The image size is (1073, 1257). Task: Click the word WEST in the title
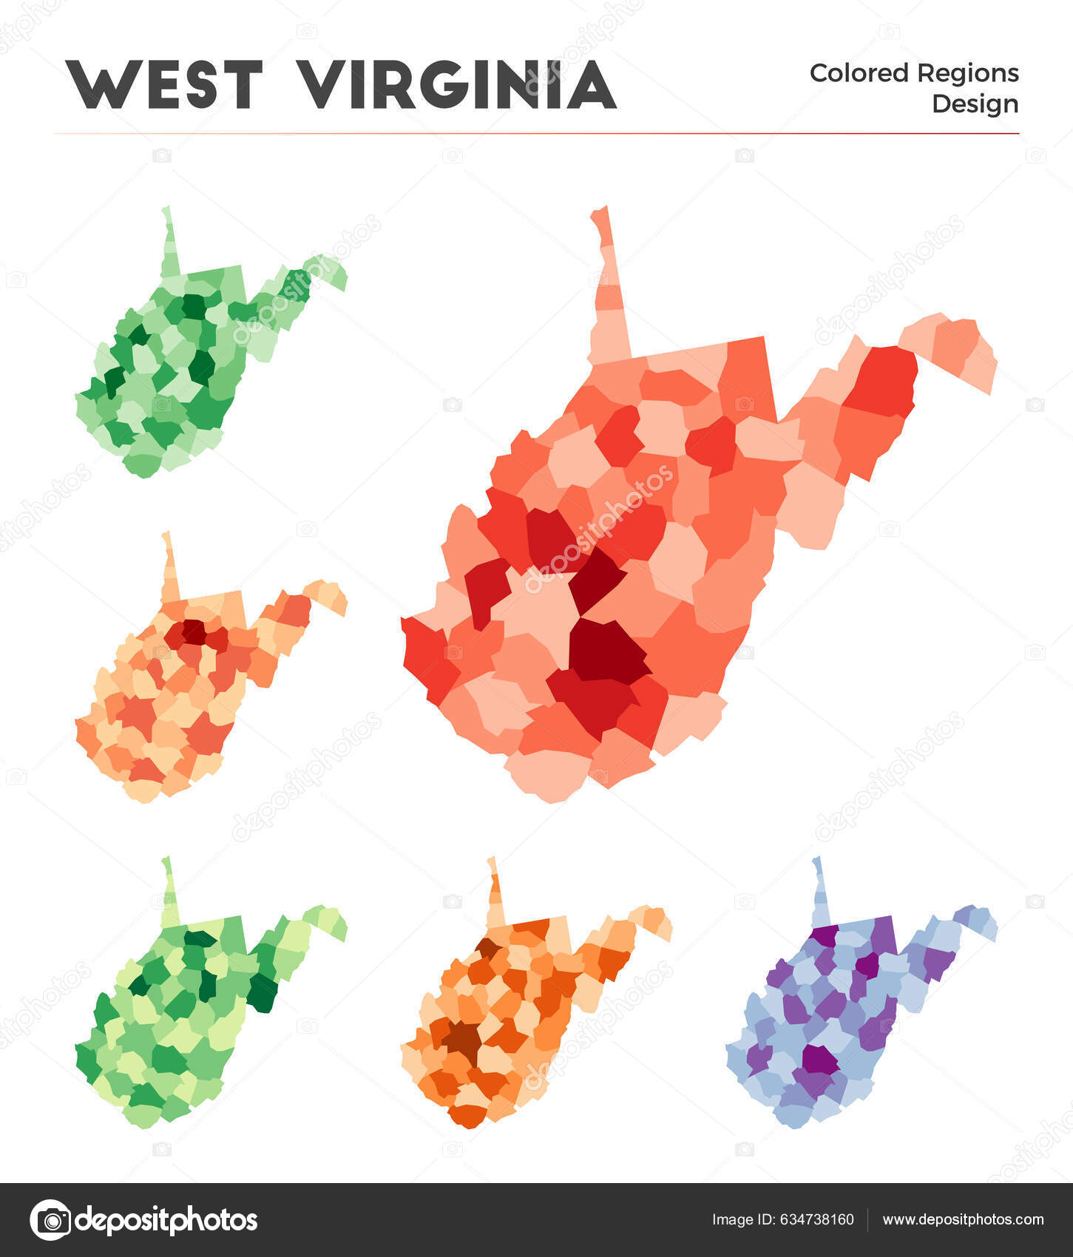coord(164,84)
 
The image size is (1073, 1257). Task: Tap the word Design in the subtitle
coord(975,104)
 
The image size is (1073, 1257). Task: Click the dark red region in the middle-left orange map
coord(194,632)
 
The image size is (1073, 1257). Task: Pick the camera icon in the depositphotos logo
coord(50,1219)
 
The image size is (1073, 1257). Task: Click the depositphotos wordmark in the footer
coord(166,1219)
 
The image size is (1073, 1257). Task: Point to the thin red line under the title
coord(536,134)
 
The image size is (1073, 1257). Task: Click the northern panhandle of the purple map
coord(820,891)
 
